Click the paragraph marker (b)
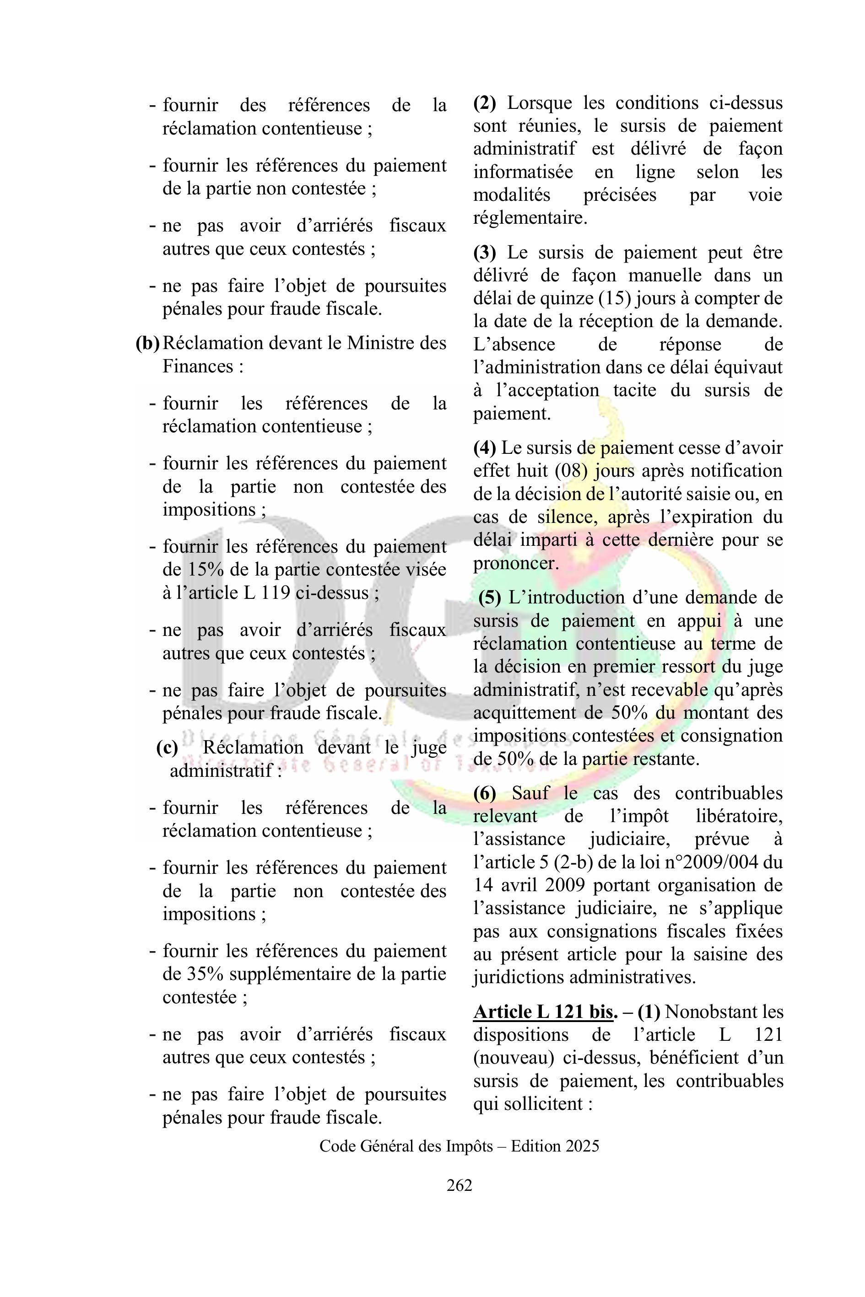tap(147, 344)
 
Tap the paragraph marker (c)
tap(167, 748)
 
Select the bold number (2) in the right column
tap(484, 103)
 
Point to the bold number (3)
tap(484, 253)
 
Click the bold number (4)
tap(484, 448)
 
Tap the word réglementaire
tap(530, 218)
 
